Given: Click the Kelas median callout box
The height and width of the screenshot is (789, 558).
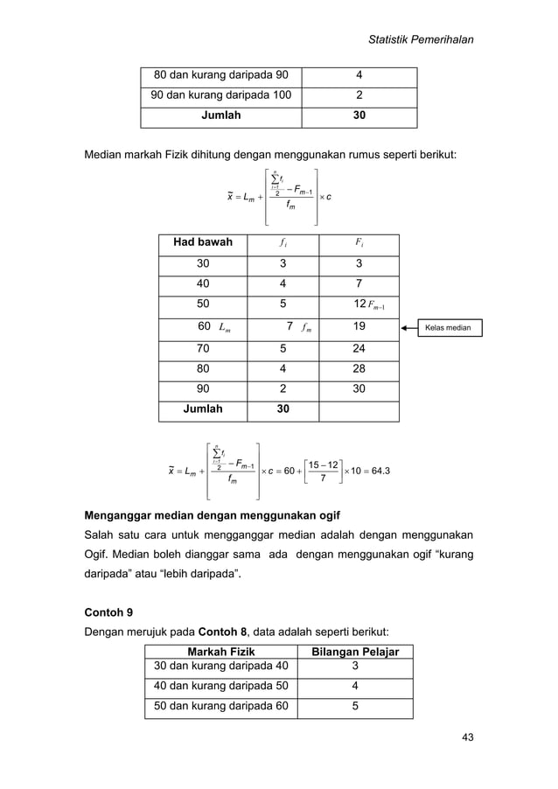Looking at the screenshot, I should (x=448, y=328).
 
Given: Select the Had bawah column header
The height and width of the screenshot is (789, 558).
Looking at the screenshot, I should (x=202, y=241).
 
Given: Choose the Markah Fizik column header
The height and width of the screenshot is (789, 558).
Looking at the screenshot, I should (x=222, y=653).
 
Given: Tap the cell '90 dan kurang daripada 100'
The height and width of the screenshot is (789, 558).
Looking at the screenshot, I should (x=222, y=94).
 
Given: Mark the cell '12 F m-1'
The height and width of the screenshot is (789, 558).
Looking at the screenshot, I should (x=359, y=305).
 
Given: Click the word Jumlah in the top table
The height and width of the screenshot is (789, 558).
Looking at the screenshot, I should (x=222, y=115).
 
